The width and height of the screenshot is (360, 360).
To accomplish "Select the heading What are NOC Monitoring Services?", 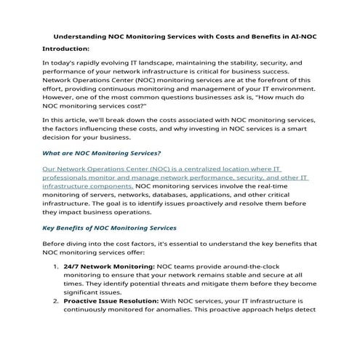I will tap(102, 153).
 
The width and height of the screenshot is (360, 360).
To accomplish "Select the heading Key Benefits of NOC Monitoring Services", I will tap(109, 228).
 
